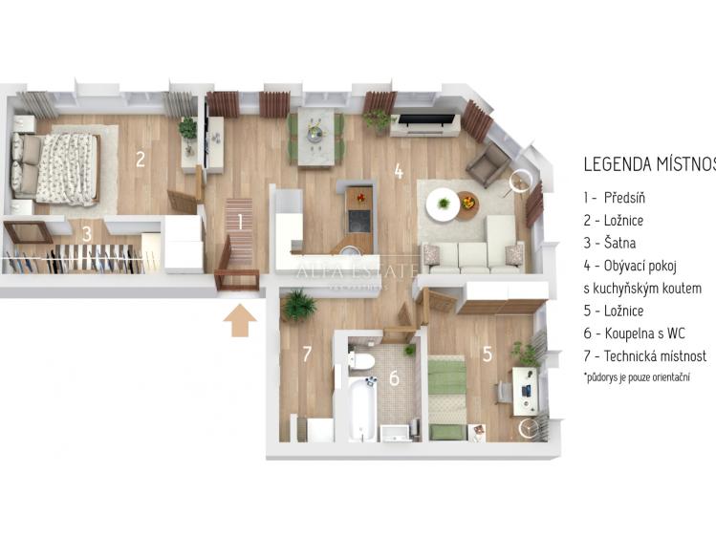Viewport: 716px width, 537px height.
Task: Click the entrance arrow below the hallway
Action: (x=239, y=322)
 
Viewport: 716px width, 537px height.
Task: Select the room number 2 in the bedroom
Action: (x=140, y=159)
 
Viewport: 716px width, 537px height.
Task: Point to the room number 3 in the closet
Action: (x=86, y=232)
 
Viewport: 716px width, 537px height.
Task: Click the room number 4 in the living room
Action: (x=398, y=173)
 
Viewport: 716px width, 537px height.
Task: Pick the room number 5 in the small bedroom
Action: (x=487, y=354)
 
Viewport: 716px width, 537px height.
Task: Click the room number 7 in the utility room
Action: (x=306, y=354)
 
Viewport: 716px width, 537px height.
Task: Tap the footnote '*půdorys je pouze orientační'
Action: (x=635, y=378)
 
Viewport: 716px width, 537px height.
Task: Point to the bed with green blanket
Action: (x=445, y=395)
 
